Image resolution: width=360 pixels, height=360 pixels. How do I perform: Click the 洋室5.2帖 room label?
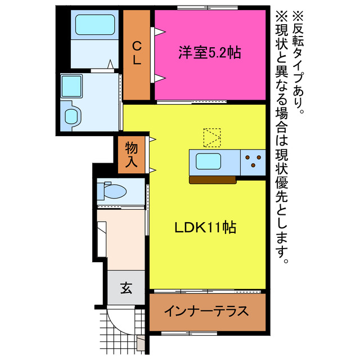point(210,53)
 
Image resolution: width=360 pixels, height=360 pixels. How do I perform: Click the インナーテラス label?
point(206,311)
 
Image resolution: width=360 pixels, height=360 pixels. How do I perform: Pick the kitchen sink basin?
point(208,163)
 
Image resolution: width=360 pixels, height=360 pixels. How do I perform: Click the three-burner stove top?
point(253,161)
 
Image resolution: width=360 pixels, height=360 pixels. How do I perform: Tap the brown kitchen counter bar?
point(212,179)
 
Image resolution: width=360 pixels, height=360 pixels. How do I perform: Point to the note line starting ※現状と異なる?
point(281,135)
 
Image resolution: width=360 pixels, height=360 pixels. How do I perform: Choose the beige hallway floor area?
point(121,236)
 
